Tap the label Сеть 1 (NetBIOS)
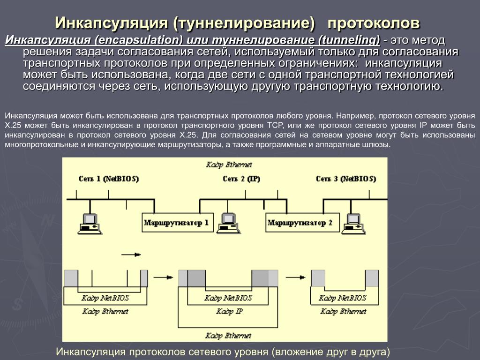point(108,179)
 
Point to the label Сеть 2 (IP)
point(241,179)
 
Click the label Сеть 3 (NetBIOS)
point(345,179)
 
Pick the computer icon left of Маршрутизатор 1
point(89,223)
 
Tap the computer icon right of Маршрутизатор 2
point(352,222)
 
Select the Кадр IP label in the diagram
point(229,311)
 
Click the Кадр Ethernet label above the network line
point(229,165)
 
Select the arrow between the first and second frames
point(163,277)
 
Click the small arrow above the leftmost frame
point(131,255)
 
